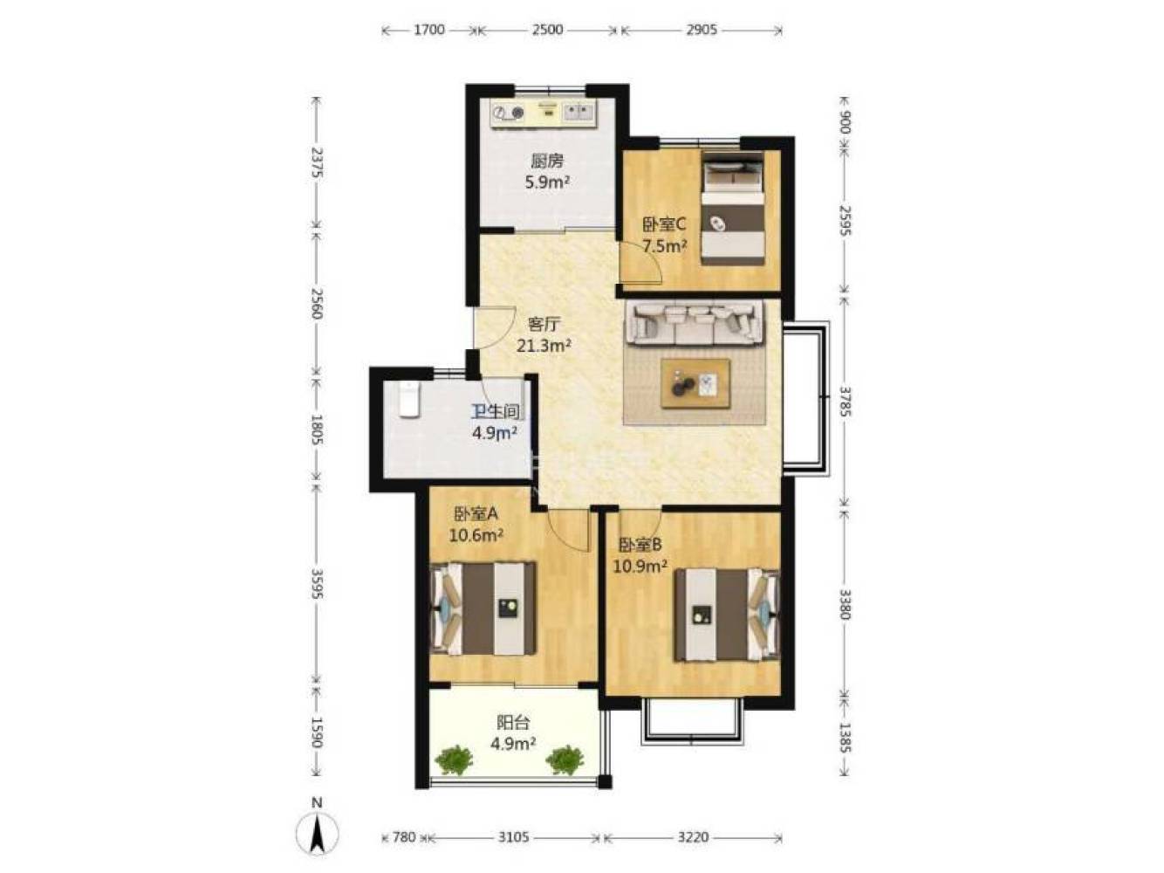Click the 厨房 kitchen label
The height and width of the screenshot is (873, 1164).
[x=547, y=160]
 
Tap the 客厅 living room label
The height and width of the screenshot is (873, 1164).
[x=544, y=324]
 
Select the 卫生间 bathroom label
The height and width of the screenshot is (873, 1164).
[x=495, y=411]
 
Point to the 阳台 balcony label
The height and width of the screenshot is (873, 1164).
[x=512, y=722]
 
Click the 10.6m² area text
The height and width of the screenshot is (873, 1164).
[x=476, y=535]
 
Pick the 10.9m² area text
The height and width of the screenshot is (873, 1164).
[x=640, y=567]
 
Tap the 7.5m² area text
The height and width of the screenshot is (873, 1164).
[x=665, y=246]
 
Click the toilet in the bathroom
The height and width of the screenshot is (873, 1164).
[x=409, y=399]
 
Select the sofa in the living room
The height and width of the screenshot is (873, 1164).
[x=695, y=323]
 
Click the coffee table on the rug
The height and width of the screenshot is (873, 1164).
[x=695, y=383]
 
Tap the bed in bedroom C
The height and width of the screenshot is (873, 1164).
[x=732, y=208]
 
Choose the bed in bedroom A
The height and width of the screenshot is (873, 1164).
[x=483, y=608]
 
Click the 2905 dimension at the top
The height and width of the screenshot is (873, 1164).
[x=701, y=30]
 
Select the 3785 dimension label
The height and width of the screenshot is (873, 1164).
[x=845, y=402]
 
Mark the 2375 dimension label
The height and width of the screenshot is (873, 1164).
[x=317, y=162]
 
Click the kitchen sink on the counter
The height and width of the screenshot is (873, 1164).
[x=578, y=112]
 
